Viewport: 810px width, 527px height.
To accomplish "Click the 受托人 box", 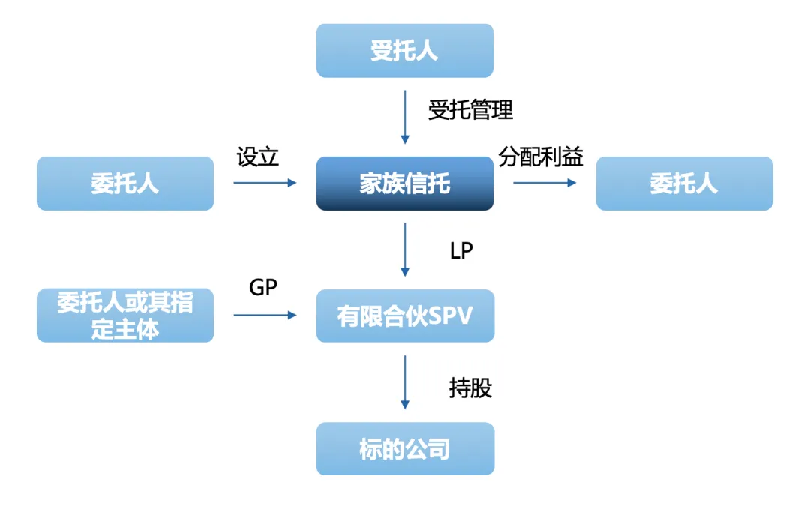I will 405,51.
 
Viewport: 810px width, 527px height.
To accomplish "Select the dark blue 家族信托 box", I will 405,184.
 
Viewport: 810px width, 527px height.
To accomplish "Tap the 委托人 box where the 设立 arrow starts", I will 125,184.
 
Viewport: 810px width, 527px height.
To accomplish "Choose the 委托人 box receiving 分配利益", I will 684,184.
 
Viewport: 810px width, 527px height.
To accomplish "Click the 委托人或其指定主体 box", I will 125,316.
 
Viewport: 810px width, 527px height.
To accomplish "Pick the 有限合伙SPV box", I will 405,316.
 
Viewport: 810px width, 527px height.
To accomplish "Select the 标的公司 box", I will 405,449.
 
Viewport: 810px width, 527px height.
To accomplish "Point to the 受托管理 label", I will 470,110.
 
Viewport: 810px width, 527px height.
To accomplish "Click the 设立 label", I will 258,157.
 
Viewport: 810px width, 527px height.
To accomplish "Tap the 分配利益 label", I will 541,157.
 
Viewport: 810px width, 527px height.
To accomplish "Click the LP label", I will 461,251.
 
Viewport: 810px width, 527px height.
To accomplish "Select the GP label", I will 263,287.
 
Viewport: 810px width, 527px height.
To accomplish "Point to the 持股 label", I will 470,388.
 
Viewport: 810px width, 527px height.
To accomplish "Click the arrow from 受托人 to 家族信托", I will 405,117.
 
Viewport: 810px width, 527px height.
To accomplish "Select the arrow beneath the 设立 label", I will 265,182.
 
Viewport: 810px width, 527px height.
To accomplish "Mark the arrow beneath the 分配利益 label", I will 544,182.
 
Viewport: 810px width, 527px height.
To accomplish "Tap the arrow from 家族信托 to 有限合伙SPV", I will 405,250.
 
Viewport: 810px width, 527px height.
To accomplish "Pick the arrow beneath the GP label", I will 265,315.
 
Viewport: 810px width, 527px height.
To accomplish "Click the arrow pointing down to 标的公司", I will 405,382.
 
